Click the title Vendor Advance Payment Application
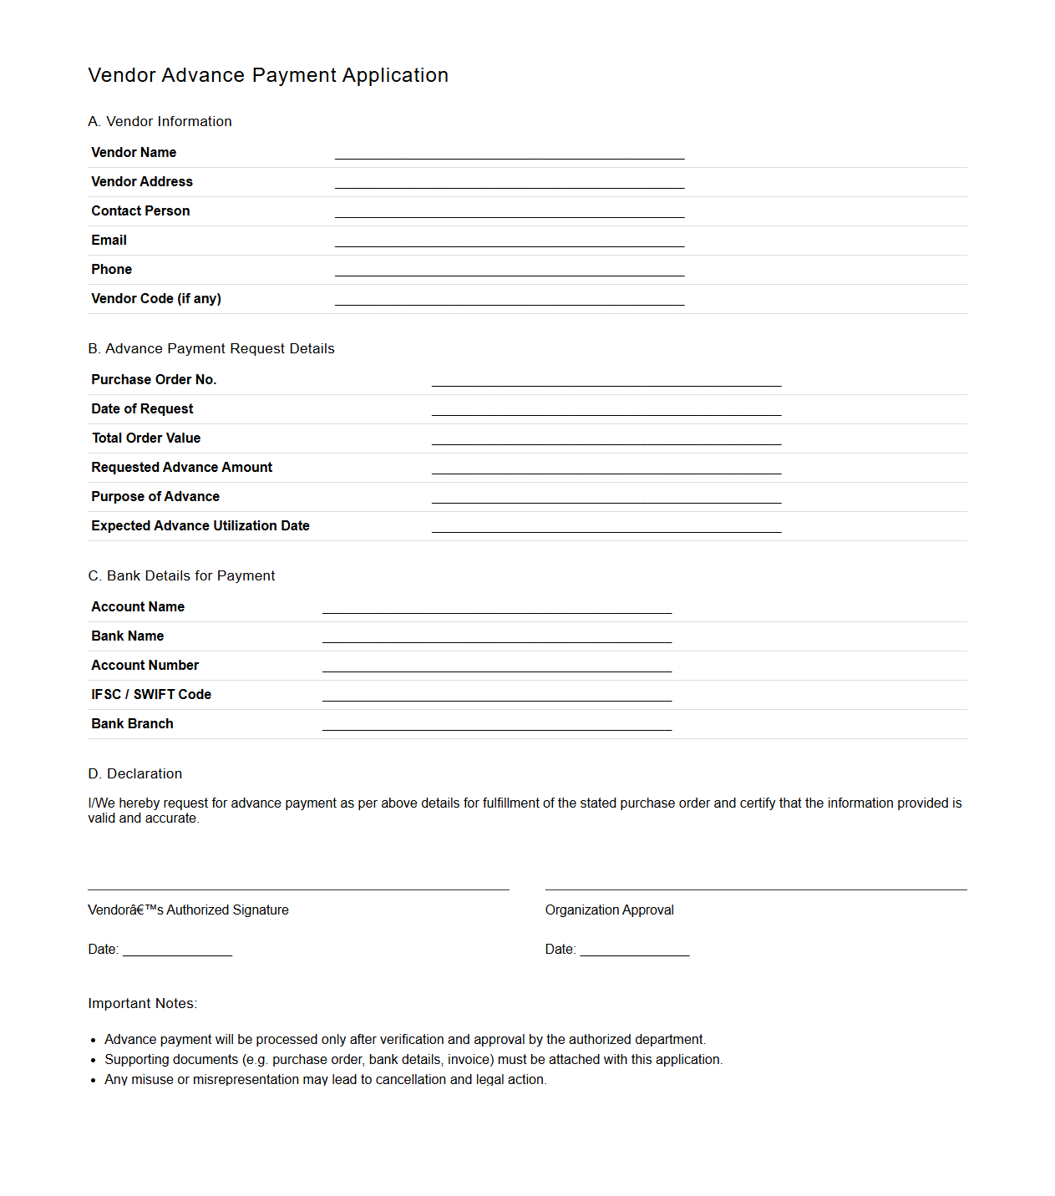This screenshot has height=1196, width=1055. [268, 75]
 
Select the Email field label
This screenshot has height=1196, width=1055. [109, 241]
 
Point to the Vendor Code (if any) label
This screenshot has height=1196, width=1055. [156, 299]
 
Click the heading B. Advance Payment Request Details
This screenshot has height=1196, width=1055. [211, 348]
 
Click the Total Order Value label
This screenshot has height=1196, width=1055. [146, 438]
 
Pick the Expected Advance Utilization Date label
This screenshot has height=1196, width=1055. [200, 526]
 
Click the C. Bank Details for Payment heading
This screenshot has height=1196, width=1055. [181, 575]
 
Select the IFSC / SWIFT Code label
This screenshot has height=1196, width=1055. [151, 695]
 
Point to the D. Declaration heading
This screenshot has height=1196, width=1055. [135, 773]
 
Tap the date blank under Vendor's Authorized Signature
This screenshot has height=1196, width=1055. [177, 950]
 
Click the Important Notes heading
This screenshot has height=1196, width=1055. [143, 1003]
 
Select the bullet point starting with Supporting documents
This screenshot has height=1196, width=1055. [413, 1060]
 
